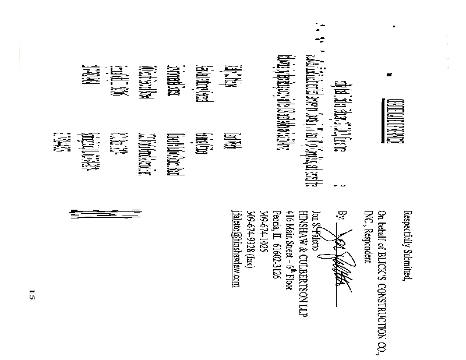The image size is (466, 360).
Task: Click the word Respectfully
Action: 407,230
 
